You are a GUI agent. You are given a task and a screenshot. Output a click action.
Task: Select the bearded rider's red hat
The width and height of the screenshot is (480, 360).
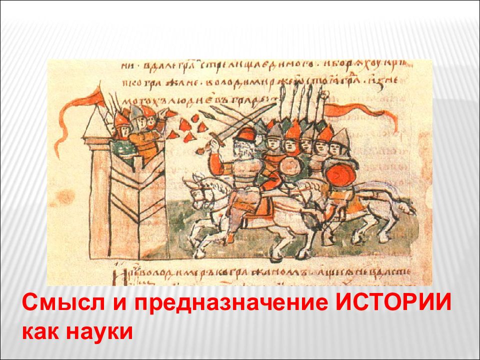pos(246,133)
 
